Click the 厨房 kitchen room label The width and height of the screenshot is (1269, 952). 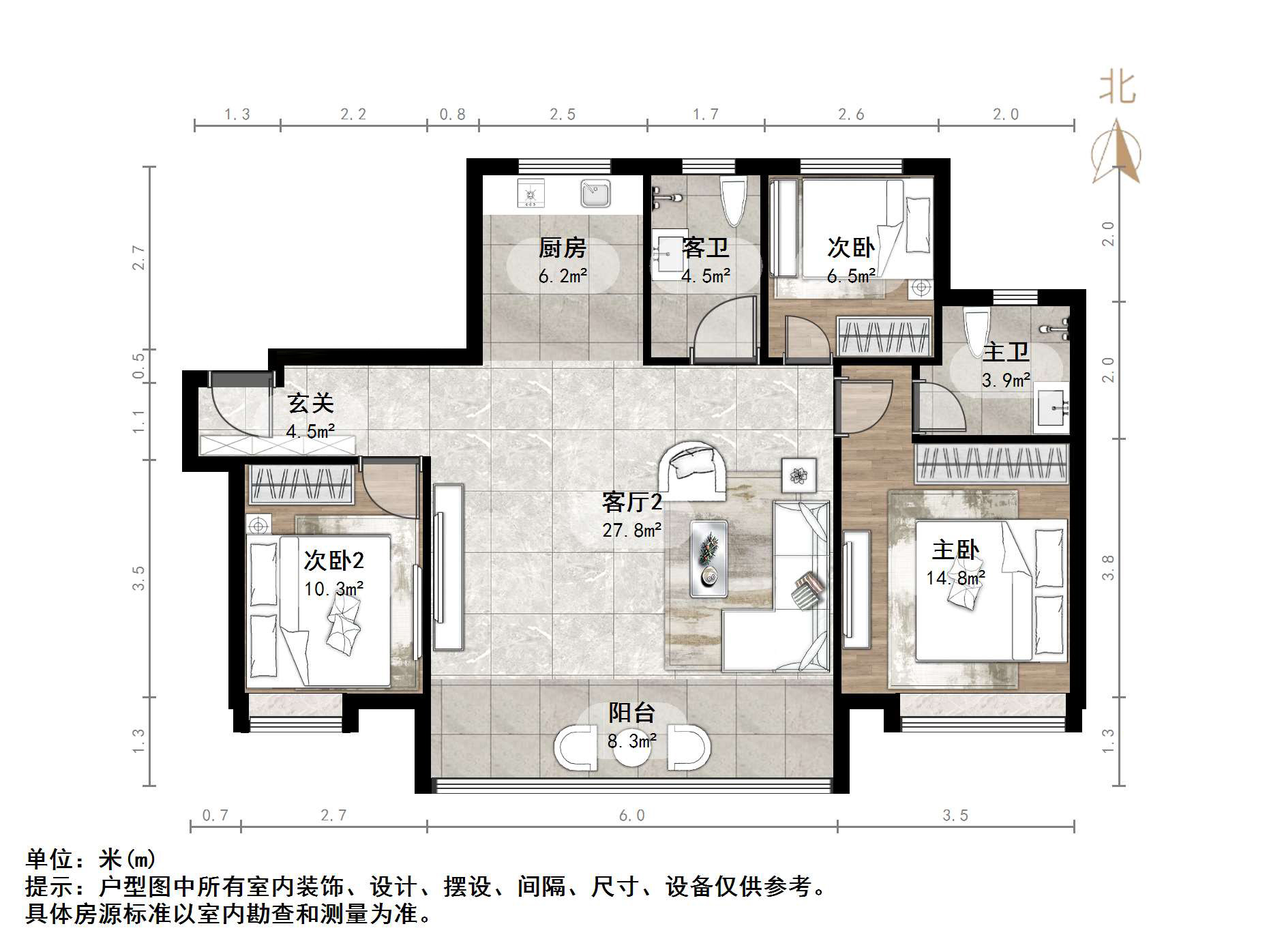[x=562, y=248]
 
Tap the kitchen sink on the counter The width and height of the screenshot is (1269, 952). [x=595, y=193]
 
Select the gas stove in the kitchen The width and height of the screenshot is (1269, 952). [x=531, y=194]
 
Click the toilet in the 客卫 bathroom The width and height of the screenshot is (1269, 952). [x=733, y=200]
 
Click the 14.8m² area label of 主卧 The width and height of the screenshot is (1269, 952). [x=955, y=578]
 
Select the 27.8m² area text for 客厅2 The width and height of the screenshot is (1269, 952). [x=631, y=530]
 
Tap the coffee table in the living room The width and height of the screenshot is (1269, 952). [x=708, y=558]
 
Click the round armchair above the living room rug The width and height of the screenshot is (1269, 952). [x=692, y=471]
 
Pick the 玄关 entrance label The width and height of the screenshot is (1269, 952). [x=310, y=404]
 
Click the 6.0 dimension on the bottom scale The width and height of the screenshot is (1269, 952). [x=631, y=816]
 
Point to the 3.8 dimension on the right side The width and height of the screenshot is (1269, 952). [x=1108, y=567]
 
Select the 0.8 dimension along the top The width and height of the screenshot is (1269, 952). [x=452, y=115]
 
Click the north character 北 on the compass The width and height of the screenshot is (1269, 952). [x=1117, y=89]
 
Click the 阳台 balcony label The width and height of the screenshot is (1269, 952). [x=631, y=713]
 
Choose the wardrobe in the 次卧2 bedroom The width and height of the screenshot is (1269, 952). [x=301, y=485]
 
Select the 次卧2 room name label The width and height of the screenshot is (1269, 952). [x=333, y=561]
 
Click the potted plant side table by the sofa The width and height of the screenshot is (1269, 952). [x=798, y=475]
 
